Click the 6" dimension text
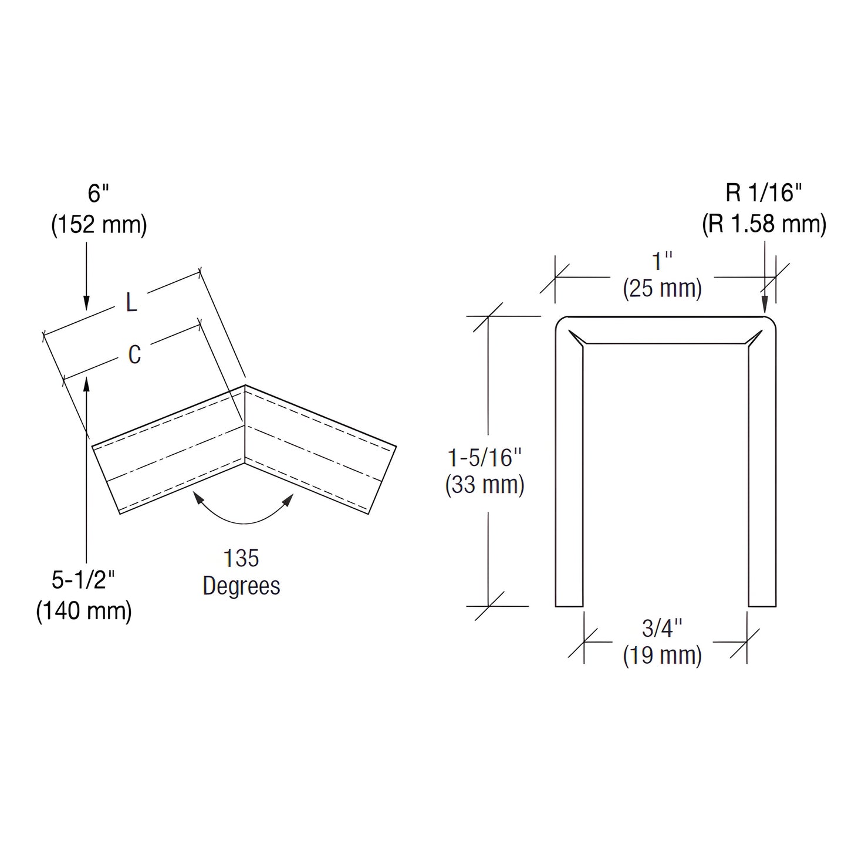coord(99,193)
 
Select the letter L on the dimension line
coord(131,303)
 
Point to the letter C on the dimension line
coord(134,354)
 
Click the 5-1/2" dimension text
coord(83,580)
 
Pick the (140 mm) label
coord(84,611)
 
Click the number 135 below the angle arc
coord(241,558)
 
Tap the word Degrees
coord(241,586)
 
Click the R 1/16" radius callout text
coord(763,193)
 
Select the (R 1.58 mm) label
coord(764,224)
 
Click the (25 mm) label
coord(662,289)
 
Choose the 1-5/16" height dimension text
coord(485,457)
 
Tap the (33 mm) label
coord(485,485)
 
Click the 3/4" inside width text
coord(662,628)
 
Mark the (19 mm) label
coord(662,656)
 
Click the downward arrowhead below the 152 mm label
coord(86,302)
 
